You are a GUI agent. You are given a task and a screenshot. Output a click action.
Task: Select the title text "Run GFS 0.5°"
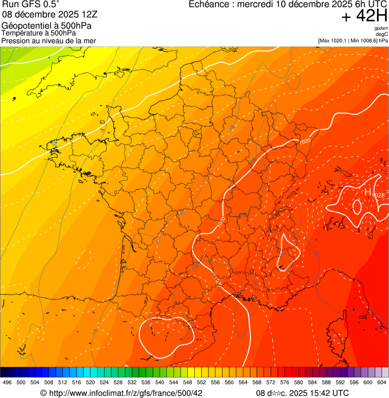point(30,5)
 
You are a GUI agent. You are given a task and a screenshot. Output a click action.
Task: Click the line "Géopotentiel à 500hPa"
point(47,26)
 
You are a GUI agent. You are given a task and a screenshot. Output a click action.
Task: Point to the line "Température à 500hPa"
point(42,33)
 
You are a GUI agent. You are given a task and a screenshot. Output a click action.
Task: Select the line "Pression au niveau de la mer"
point(49,41)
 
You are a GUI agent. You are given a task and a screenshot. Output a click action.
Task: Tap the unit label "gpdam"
point(381,28)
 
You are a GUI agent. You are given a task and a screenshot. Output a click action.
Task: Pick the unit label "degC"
point(382,34)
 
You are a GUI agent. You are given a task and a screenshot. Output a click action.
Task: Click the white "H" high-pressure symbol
point(368,192)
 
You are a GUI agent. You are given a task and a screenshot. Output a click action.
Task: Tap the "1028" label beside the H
point(378,195)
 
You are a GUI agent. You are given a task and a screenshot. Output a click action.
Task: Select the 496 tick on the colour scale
point(7,382)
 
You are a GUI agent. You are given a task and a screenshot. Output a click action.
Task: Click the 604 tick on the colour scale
point(382,382)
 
